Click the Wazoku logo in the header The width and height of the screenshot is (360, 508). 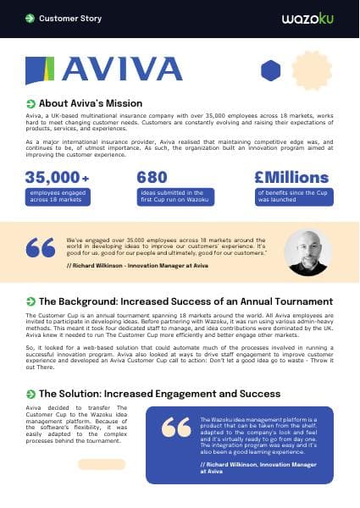pos(310,18)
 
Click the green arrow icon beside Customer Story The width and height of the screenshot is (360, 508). pos(30,18)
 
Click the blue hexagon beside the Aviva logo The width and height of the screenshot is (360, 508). pos(270,70)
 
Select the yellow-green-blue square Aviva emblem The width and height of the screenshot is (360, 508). pos(42,70)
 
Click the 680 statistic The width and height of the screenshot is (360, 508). pos(152,178)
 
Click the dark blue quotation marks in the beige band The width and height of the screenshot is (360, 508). pos(41,247)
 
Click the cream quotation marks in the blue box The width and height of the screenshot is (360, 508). pos(176,428)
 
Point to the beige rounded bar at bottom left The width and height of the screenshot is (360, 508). pos(101,464)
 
